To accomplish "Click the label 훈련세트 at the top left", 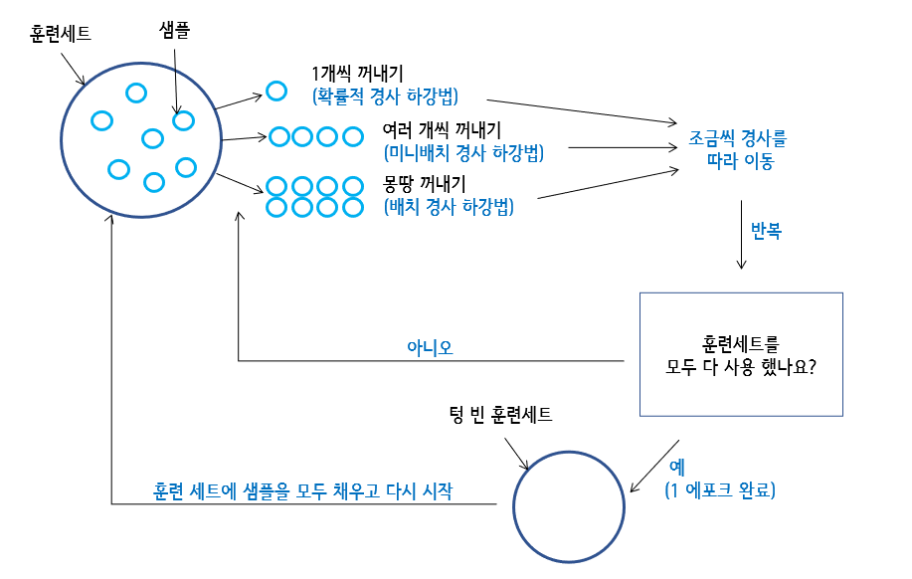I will click(62, 34).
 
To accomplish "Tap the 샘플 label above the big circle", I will click(174, 31).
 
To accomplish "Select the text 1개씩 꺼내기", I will click(357, 74).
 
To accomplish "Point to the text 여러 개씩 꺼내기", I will click(442, 130).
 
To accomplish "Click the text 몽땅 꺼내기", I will click(425, 184).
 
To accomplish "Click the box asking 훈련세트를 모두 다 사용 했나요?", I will click(741, 354).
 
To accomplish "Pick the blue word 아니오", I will click(430, 347).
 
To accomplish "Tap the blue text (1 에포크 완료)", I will click(720, 490).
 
